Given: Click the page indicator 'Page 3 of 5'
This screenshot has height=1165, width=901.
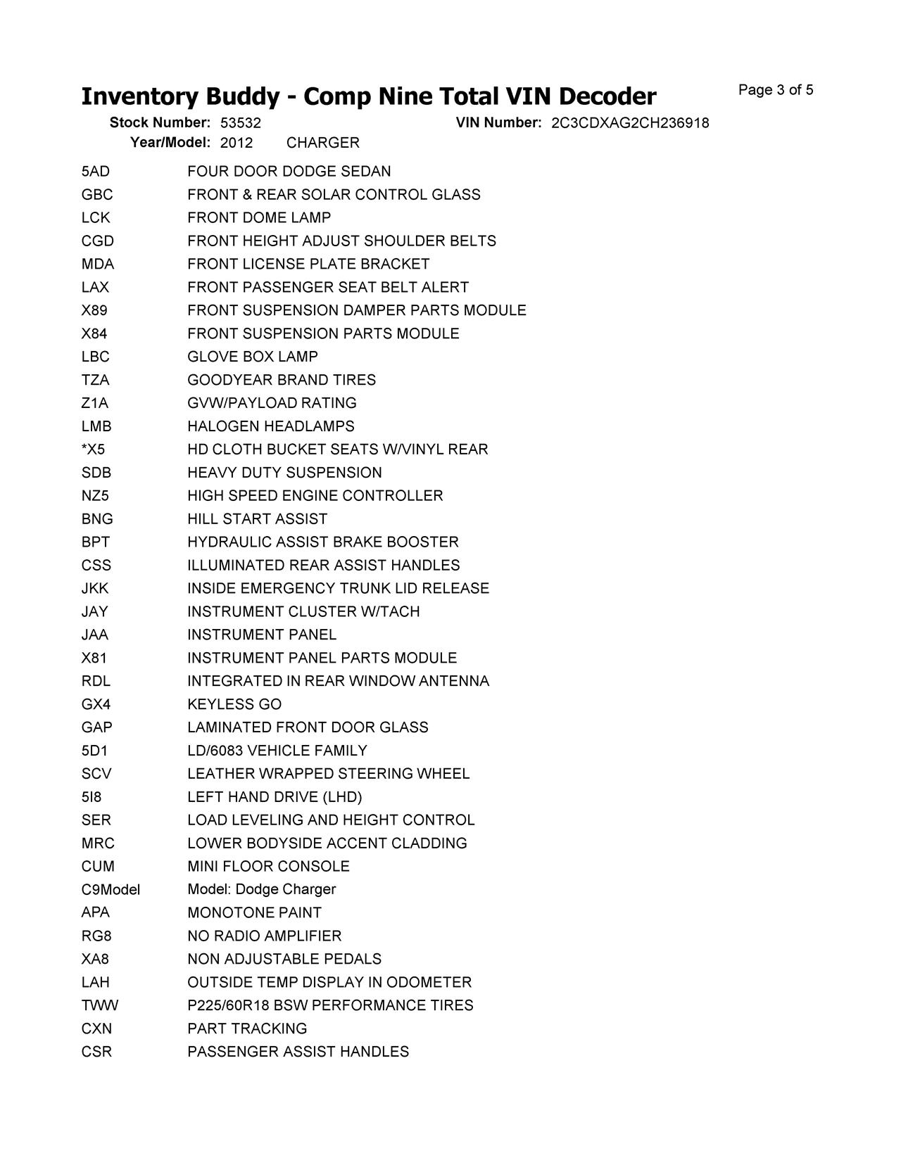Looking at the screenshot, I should point(776,90).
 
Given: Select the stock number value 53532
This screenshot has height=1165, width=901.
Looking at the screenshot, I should point(241,123).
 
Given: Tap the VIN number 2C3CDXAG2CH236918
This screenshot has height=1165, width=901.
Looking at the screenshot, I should point(630,123).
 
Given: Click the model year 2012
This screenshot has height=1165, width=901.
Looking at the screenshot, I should point(237,143).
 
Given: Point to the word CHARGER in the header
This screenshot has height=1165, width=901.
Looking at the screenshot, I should point(323,143).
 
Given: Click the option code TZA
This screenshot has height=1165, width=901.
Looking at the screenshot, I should point(96,380).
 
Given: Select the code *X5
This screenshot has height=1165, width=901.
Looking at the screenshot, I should point(94,450).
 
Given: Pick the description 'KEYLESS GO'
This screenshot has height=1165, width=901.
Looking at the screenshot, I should point(234,704).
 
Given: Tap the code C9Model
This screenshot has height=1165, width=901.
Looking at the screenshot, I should point(111,890).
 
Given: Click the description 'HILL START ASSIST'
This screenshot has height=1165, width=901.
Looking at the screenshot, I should point(258,519).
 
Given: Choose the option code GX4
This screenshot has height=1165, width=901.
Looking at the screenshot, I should point(96,704).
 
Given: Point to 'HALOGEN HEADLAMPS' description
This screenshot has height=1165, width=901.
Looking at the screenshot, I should point(271,426).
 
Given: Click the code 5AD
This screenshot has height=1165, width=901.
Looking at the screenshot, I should point(96,172).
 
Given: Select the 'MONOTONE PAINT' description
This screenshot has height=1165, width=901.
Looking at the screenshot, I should point(254,913).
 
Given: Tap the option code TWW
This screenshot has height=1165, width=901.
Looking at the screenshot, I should point(100,1005).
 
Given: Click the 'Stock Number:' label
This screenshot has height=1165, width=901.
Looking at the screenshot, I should point(160,123).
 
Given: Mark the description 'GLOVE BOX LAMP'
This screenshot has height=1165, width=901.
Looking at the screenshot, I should point(253,357).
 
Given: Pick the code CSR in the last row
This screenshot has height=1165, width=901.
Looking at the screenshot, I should point(96,1052).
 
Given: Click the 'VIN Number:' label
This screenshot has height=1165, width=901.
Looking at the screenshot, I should point(498,123).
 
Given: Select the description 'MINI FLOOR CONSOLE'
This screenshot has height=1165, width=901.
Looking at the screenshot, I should point(268,867).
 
